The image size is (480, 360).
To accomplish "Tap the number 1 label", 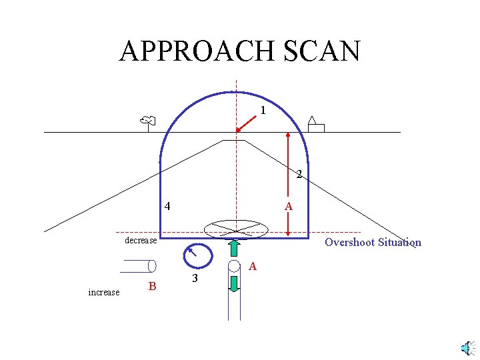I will (263, 111).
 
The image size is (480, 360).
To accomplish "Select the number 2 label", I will (299, 175).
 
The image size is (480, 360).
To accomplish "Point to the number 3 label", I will (194, 278).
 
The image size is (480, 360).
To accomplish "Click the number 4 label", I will (167, 206).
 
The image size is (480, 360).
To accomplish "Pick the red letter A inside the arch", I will (288, 207).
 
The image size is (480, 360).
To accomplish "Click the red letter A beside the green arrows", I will (252, 267).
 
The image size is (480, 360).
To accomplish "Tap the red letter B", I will (152, 287).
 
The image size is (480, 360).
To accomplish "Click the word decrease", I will (141, 240).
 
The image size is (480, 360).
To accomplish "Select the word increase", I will (104, 292).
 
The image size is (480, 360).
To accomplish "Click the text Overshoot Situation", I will (373, 242).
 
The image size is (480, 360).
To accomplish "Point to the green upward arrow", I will (234, 248).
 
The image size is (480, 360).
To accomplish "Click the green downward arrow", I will (234, 283).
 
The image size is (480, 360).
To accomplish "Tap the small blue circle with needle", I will (197, 255).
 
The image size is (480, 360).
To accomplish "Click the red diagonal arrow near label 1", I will (246, 122).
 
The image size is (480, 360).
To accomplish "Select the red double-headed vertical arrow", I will (287, 183).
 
